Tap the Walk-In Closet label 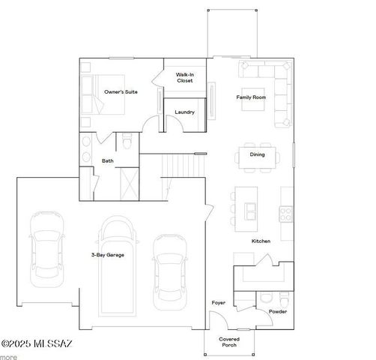[x=184, y=78]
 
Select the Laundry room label [x=184, y=112]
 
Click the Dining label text [x=257, y=155]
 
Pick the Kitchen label [x=261, y=241]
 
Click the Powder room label [x=278, y=311]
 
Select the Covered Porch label [x=229, y=341]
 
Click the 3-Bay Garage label [x=108, y=255]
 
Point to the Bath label [x=108, y=160]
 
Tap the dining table [x=257, y=155]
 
